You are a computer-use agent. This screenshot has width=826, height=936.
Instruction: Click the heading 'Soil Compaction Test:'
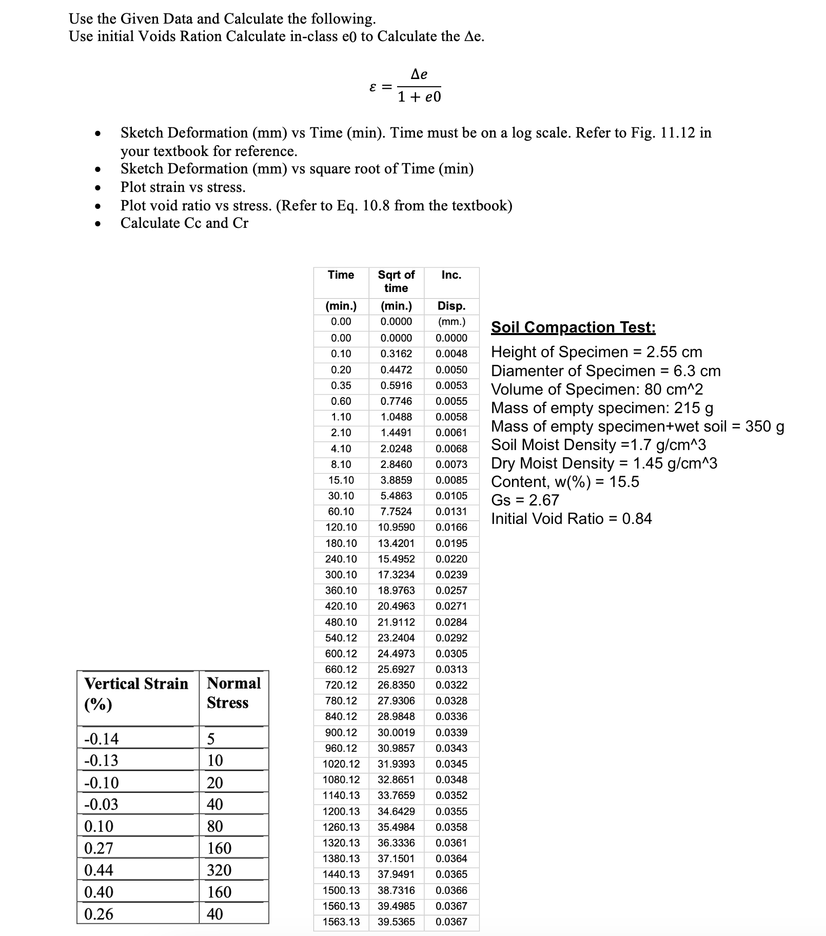click(573, 327)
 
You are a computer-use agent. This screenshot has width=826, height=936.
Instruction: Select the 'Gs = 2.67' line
click(525, 500)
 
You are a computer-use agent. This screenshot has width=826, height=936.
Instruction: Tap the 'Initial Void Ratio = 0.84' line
click(571, 518)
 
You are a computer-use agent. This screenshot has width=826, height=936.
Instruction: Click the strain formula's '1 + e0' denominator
click(419, 97)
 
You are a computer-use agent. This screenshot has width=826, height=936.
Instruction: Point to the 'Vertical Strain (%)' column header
click(136, 693)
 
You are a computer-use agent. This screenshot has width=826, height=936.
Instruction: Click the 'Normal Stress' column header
click(234, 693)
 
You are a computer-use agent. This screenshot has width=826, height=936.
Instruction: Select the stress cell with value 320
click(219, 870)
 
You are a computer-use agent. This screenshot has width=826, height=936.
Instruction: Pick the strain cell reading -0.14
click(102, 739)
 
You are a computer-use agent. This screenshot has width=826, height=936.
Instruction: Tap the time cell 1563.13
click(341, 922)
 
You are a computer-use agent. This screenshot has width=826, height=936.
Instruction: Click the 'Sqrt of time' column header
click(396, 281)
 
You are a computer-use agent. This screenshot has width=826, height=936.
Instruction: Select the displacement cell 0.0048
click(451, 354)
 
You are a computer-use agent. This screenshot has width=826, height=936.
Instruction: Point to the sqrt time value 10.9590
click(396, 527)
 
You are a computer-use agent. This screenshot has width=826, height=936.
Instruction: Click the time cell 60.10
click(341, 511)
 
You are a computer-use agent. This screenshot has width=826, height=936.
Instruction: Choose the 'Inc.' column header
click(451, 275)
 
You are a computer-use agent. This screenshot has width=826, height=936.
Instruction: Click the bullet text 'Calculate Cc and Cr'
click(184, 223)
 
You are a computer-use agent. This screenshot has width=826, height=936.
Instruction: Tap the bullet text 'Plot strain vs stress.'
click(183, 187)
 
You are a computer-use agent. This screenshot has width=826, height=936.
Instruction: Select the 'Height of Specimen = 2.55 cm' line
click(596, 352)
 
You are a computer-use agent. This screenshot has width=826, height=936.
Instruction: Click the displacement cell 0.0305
click(451, 653)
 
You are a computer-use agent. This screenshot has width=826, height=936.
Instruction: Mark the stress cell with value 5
click(211, 739)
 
